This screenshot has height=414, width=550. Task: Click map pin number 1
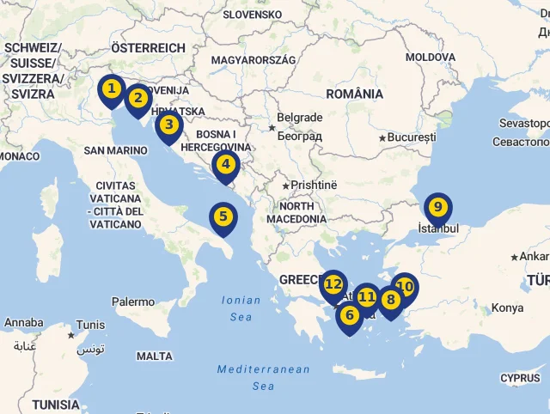pos(111,88)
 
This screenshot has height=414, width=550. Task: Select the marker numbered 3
pos(169,125)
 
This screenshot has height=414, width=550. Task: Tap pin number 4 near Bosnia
pos(225,165)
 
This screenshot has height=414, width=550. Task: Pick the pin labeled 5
pos(223,217)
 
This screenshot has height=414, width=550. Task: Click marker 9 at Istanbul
pos(437,208)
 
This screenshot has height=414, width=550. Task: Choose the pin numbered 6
pos(349,316)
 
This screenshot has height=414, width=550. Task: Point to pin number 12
pos(333,284)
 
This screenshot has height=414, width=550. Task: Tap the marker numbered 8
pos(391,301)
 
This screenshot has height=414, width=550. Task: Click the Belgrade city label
pos(298,118)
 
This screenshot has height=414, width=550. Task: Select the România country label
pos(355,94)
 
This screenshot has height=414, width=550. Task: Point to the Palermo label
pos(133,302)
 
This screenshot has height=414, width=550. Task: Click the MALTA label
pos(155,356)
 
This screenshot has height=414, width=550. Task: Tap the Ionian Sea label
pos(241,308)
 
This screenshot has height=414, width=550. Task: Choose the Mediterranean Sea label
pos(263,377)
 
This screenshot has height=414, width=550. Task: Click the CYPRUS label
pos(521,378)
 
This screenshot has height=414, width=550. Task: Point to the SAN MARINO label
pos(115,150)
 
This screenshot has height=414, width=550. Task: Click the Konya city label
pos(507,308)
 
